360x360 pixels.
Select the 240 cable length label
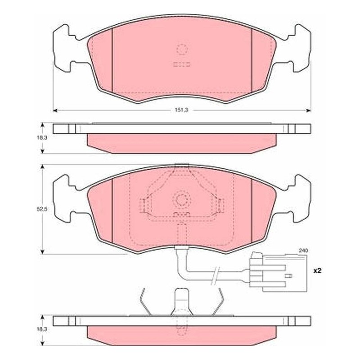(x=303, y=251)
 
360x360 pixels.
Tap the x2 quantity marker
(x=318, y=271)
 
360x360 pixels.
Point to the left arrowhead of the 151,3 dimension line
(x=54, y=110)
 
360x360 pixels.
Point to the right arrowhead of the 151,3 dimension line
(x=309, y=110)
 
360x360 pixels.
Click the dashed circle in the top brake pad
(x=182, y=49)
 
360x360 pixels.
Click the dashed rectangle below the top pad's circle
(x=182, y=64)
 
